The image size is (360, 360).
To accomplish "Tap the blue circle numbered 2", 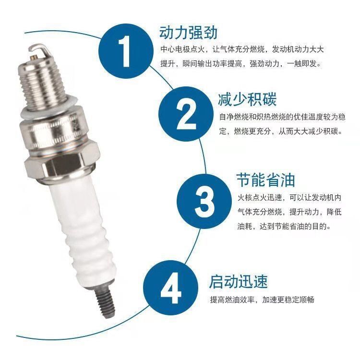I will click(x=184, y=117).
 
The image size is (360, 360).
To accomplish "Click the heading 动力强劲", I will click(x=188, y=33).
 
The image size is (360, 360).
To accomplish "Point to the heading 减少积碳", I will click(x=247, y=100).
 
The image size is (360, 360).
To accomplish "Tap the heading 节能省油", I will click(x=265, y=180).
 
